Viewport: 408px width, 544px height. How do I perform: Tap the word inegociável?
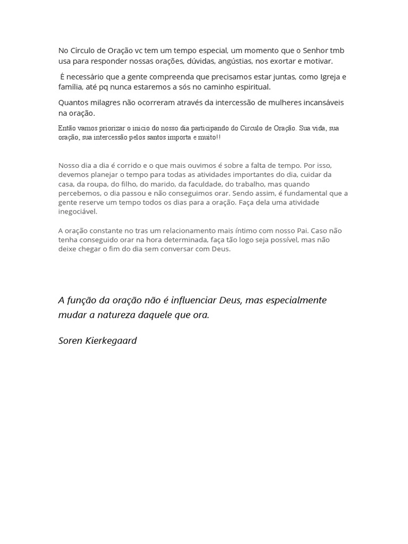click(78, 211)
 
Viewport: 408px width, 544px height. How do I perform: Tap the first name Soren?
click(70, 341)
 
